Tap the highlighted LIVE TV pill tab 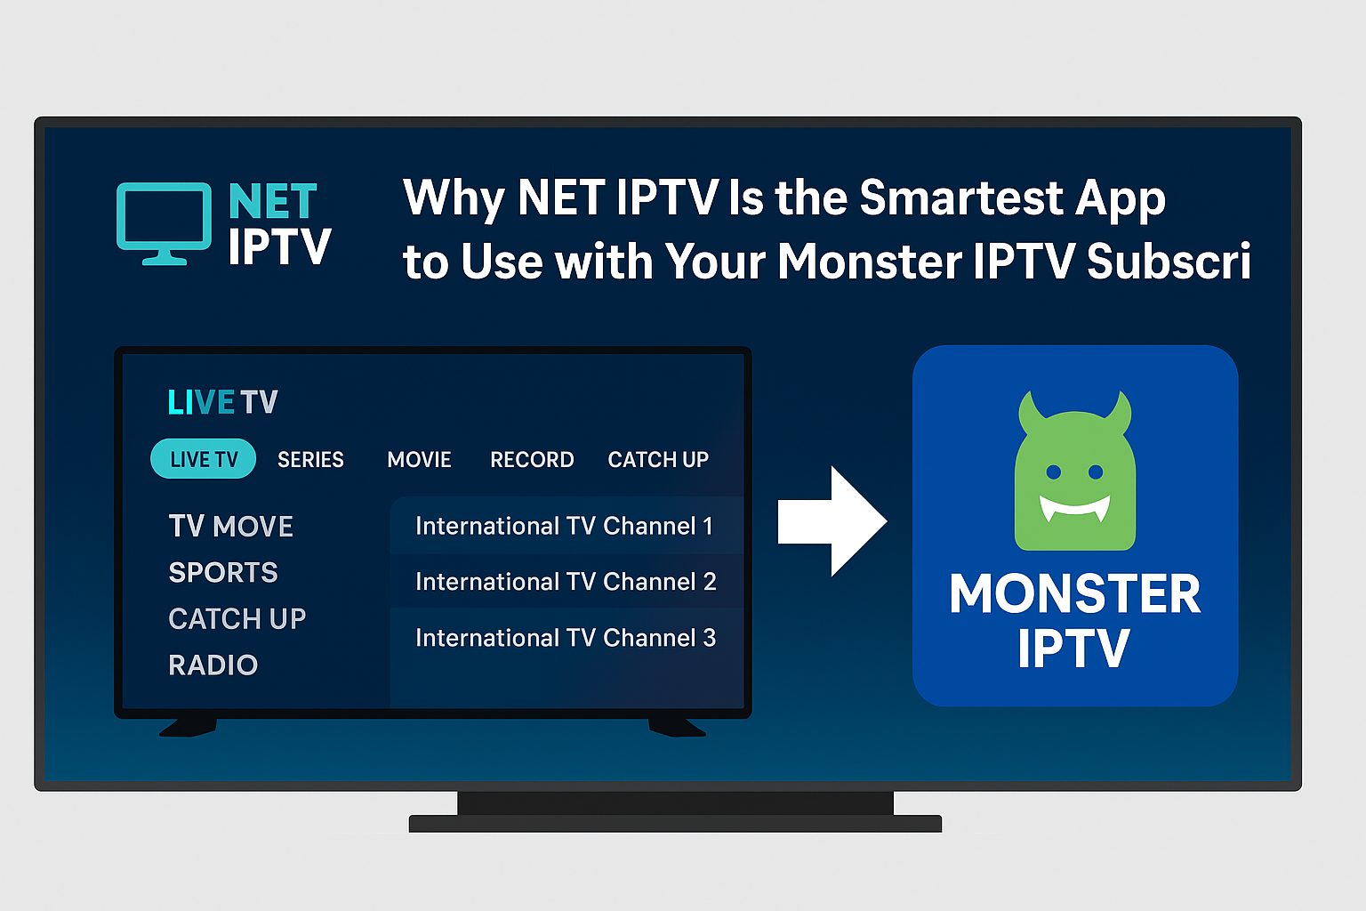pos(204,459)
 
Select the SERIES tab pos(310,459)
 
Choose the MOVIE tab pos(419,459)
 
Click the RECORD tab pos(532,459)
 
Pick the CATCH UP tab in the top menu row pos(658,459)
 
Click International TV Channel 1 pos(564,526)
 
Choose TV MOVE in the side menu pos(230,526)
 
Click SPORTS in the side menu pos(223,572)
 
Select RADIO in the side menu pos(213,665)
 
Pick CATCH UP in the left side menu pos(237,618)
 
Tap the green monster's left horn pos(1030,408)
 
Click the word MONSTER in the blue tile pos(1075,593)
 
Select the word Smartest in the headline pos(961,198)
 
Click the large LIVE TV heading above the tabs pos(222,402)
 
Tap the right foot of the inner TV pos(676,726)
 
